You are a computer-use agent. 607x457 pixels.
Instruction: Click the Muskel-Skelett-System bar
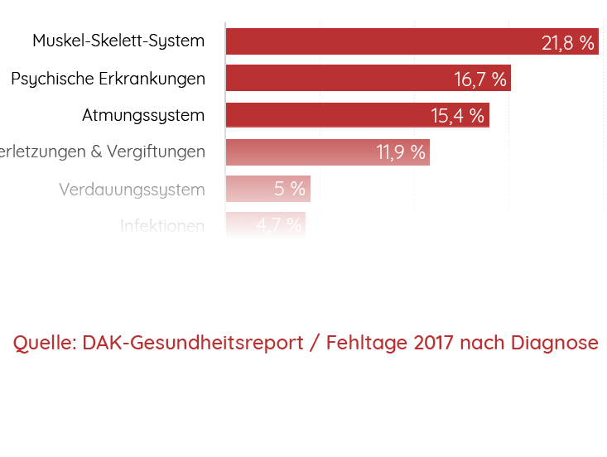coord(381,41)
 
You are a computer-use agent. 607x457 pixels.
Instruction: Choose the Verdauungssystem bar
coord(248,189)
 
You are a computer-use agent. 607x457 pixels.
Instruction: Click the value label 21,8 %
coord(568,43)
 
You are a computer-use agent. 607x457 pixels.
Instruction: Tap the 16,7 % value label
coord(480,79)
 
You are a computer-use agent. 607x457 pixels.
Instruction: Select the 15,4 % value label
coord(457,116)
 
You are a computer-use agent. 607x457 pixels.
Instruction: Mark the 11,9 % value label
coord(401,152)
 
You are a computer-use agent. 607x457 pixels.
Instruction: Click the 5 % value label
coord(290,189)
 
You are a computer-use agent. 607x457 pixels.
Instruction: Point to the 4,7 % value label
coord(279,225)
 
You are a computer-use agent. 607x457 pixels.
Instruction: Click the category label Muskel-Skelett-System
coord(118,41)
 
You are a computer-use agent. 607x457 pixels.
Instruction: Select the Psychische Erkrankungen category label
coord(108,79)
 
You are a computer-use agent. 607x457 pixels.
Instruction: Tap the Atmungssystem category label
coord(143,116)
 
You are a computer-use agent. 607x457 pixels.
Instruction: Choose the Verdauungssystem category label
coord(132,190)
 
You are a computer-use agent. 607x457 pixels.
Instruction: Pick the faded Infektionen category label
coord(162,225)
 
